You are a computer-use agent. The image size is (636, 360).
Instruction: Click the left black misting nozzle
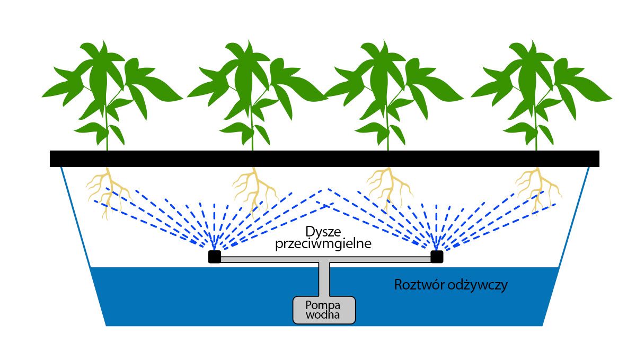click(x=214, y=257)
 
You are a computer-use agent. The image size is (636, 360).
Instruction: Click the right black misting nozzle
click(x=436, y=257)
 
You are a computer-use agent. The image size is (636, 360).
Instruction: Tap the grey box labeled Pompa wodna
click(x=324, y=310)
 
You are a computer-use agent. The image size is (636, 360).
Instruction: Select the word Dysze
click(x=322, y=232)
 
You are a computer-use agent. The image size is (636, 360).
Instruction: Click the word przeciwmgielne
click(x=322, y=244)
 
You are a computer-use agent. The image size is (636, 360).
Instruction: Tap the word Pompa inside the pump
click(x=323, y=305)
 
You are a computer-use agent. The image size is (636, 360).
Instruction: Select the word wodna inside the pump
click(x=323, y=314)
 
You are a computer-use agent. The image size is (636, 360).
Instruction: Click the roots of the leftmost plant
click(x=109, y=188)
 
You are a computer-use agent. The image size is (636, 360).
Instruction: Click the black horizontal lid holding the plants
click(x=324, y=159)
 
